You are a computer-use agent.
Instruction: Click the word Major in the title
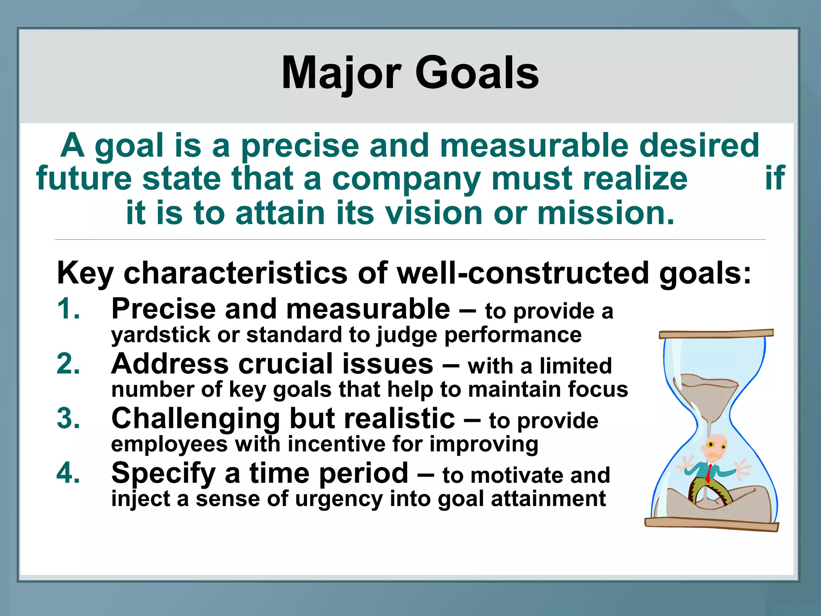coord(341,73)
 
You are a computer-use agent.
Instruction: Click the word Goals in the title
coord(477,73)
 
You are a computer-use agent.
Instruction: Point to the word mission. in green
coord(606,213)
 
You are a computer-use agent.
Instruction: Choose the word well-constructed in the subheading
coord(522,273)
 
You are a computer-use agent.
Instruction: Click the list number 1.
coord(68,309)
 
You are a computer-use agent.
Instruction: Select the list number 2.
coord(68,364)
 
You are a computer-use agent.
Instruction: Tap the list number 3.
coord(68,419)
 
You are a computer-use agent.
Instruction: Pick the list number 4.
coord(68,473)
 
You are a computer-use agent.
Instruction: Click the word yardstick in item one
coord(160,335)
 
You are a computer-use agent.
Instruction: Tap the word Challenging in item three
coord(195,419)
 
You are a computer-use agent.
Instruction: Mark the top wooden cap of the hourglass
coord(716,334)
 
